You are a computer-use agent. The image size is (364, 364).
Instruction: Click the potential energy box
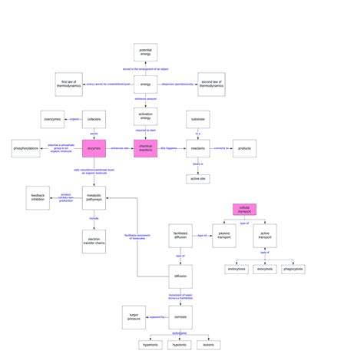click(x=146, y=52)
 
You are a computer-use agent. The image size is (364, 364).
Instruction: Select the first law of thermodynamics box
click(x=69, y=84)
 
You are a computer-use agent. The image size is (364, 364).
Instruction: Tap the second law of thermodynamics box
click(x=211, y=84)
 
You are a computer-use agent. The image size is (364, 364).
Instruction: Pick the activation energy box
click(x=146, y=117)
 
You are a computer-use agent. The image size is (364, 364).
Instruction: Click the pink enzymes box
click(x=94, y=148)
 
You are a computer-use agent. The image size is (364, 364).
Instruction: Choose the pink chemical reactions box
click(x=146, y=148)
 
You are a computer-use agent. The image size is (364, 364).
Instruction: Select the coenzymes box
click(x=52, y=119)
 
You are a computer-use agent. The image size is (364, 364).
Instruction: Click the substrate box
click(x=198, y=119)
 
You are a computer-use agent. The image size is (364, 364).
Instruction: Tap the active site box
click(x=198, y=179)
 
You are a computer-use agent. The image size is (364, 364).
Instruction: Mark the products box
click(x=244, y=148)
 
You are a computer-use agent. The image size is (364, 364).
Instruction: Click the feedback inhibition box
click(x=38, y=197)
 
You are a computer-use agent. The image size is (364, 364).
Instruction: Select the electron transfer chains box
click(x=94, y=241)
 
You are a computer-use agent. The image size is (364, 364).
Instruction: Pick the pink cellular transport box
click(x=244, y=209)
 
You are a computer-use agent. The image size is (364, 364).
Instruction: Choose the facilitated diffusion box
click(x=180, y=236)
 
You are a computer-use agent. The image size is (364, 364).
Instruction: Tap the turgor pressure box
click(x=134, y=316)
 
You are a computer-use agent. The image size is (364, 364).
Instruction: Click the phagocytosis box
click(x=293, y=270)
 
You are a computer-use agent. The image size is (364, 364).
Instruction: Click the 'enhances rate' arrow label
click(x=120, y=147)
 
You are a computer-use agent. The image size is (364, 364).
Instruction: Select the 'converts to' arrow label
click(x=220, y=147)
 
